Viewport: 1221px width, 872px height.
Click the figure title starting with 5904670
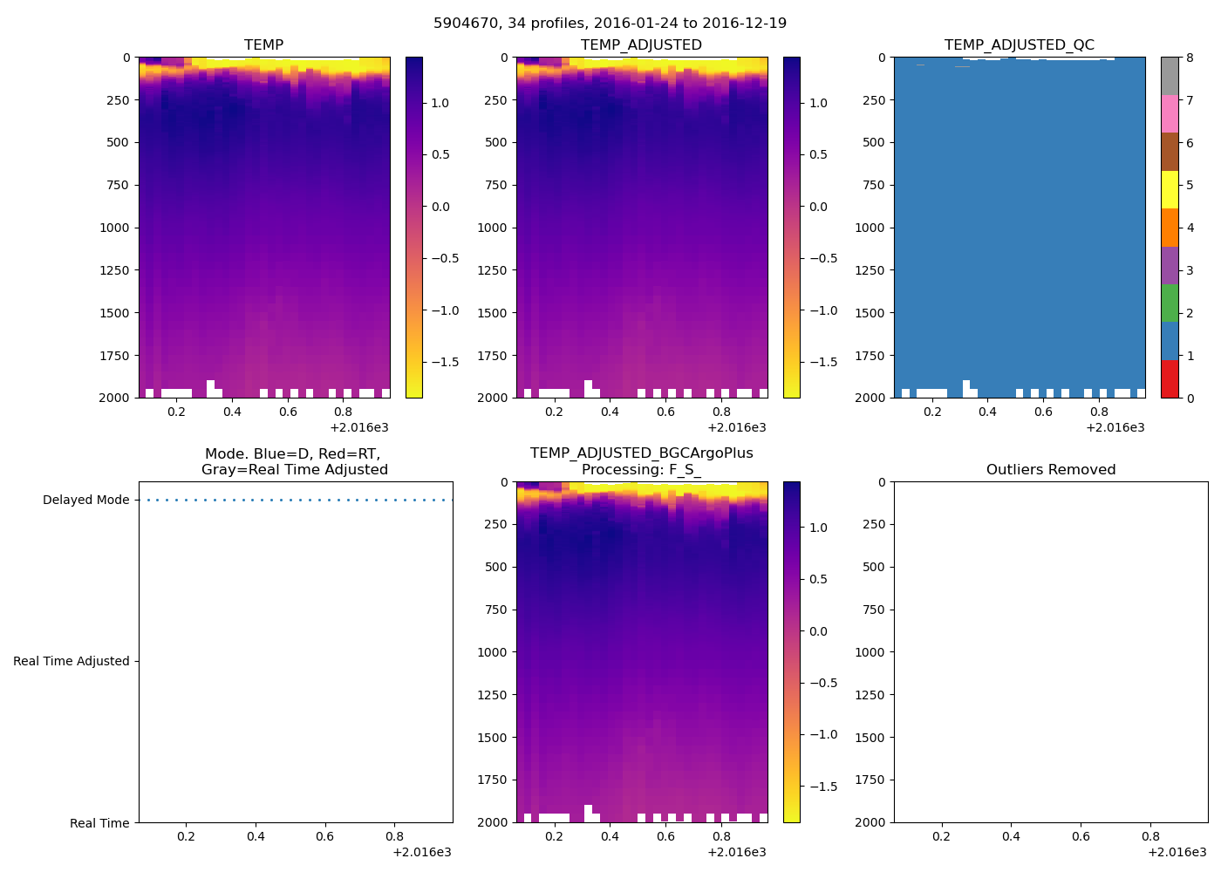click(610, 24)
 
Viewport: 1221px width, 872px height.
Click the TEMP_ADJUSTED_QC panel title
click(1019, 45)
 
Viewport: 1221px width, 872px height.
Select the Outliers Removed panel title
click(1050, 470)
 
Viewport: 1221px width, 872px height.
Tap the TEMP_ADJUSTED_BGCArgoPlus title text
click(641, 453)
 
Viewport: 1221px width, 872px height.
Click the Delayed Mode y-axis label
click(85, 501)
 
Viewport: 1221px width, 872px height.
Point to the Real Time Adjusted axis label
click(72, 662)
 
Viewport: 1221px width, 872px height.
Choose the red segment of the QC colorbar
click(1169, 379)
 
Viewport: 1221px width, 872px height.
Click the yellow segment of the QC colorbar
click(1169, 190)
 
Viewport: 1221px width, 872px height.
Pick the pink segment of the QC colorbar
click(1169, 114)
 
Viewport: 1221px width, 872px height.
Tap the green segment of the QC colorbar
click(1169, 303)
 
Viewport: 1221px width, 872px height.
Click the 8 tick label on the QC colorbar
click(1190, 58)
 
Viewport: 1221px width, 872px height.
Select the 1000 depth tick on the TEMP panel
click(113, 228)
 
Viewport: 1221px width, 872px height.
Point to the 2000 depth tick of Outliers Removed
click(870, 822)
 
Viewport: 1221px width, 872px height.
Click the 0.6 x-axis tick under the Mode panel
click(324, 837)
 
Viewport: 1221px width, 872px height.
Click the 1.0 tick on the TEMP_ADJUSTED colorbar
click(818, 103)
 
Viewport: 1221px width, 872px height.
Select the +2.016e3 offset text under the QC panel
click(1115, 428)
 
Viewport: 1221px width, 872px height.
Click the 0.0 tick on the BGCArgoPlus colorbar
click(818, 631)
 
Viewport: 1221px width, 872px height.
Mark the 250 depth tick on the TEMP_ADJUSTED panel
click(495, 100)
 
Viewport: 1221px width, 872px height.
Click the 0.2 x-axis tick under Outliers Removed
click(941, 837)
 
